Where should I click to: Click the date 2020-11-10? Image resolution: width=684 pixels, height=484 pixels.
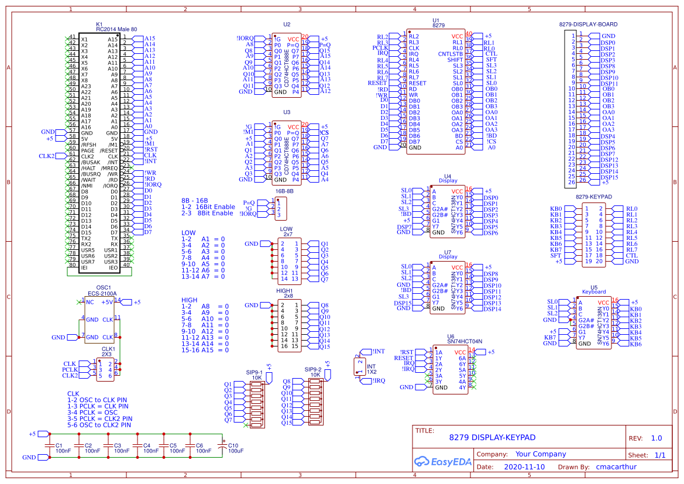point(524,467)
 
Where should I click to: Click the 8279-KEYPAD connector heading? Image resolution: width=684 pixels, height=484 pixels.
point(593,197)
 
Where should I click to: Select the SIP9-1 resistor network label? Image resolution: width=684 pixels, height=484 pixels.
point(255,370)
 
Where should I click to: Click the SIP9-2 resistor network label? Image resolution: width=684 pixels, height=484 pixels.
point(312,370)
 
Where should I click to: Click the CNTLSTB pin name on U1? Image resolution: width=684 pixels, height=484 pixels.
point(451,54)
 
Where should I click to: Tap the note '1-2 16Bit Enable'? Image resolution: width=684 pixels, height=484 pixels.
point(208,207)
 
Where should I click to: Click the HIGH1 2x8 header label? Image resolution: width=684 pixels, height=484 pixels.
point(285,293)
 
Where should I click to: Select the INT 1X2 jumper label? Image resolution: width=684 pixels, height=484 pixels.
point(372,369)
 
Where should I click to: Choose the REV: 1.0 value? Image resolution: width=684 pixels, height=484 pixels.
point(656,438)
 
